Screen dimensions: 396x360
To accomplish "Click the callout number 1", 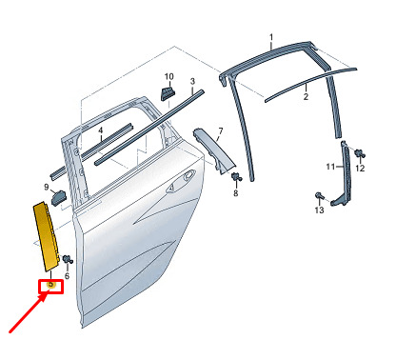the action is pos(271,38).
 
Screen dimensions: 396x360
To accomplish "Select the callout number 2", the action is pos(306,96).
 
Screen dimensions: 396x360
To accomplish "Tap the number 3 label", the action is pos(192,82).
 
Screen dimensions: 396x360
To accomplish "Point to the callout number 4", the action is pos(101,130).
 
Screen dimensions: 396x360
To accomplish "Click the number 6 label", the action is pos(67,276).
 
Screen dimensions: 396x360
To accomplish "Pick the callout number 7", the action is pos(221,130).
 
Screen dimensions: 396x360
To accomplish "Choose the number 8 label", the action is pos(236,192).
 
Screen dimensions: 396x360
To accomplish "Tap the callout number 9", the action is pos(47,187).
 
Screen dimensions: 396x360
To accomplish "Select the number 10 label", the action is pos(169,76).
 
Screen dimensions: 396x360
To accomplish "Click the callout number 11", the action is pos(330,167).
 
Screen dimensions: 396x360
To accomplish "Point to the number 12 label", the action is pos(360,168).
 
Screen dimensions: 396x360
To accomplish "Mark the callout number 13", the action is pos(319,210).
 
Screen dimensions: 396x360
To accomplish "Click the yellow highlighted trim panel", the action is pos(47,236).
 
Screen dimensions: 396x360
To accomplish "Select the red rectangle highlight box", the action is pos(50,287).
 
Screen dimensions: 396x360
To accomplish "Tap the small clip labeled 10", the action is pos(168,92).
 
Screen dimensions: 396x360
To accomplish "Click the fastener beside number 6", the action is pos(68,259).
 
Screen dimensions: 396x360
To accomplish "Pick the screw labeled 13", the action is pos(319,196).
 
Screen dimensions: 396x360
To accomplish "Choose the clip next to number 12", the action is pos(360,153).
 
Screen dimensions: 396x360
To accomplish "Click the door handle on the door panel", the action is pos(182,181).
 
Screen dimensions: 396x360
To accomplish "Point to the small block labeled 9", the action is pos(59,197).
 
